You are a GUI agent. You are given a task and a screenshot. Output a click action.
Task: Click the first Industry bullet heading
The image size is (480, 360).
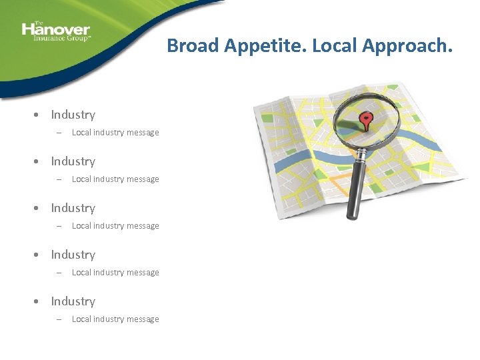[x=73, y=115]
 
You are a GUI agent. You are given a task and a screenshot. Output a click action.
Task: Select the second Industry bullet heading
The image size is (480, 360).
[x=73, y=161]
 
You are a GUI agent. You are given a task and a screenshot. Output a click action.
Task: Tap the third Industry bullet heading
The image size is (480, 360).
[x=73, y=208]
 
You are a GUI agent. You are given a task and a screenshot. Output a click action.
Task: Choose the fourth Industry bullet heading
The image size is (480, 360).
[x=73, y=255]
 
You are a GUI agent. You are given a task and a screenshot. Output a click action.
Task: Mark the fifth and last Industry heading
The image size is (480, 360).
[x=73, y=301]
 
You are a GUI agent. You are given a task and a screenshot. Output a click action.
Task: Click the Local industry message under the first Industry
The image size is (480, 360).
[x=115, y=133]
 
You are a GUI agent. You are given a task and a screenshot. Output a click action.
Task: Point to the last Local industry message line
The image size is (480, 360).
[x=115, y=319]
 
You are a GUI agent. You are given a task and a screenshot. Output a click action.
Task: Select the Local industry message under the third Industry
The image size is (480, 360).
[x=115, y=226]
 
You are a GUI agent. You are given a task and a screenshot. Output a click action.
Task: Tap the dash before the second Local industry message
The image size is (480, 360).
[x=59, y=179]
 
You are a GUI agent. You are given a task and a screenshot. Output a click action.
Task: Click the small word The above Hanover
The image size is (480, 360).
[x=38, y=23]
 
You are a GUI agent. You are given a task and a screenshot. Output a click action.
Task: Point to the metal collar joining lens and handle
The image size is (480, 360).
[x=361, y=155]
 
